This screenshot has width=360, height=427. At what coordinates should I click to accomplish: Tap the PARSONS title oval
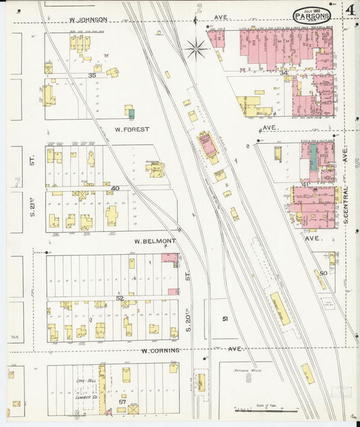312,14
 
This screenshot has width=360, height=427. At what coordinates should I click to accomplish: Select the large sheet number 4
351,10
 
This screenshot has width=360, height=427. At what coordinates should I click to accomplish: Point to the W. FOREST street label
132,128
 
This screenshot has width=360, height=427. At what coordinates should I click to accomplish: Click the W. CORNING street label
161,350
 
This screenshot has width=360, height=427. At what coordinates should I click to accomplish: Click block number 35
92,76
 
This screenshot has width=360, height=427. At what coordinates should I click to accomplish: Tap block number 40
115,189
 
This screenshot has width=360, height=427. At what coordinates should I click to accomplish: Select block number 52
120,297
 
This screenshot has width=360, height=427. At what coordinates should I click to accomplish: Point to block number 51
225,318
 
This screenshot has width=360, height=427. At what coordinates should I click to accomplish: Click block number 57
122,401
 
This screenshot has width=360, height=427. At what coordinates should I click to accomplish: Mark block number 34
285,72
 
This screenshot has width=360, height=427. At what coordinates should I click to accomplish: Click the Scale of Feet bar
269,409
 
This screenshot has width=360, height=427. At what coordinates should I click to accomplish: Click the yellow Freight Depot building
280,307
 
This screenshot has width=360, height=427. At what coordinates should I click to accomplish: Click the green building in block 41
313,157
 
